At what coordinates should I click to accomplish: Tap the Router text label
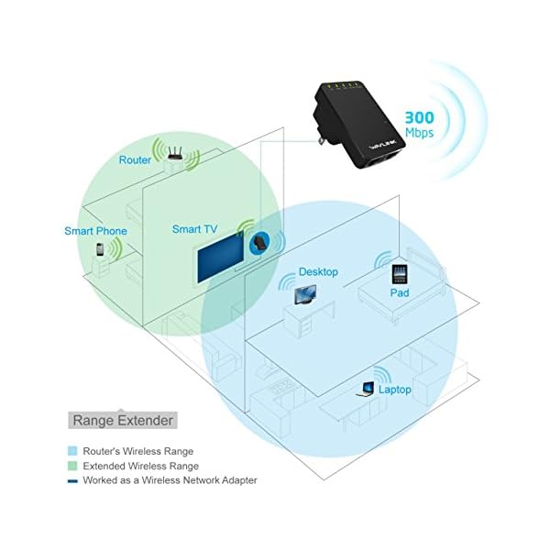135,160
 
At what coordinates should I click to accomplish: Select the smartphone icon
100,249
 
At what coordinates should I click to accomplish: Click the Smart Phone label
95,231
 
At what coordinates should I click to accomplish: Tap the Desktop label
318,272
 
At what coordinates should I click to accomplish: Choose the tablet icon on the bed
399,273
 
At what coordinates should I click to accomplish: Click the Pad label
399,293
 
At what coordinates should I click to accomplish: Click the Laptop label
394,390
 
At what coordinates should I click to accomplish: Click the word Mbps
421,133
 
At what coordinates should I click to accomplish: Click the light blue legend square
73,451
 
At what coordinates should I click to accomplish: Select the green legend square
73,466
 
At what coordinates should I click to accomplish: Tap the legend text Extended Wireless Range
140,466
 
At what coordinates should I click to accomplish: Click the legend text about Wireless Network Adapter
170,479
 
